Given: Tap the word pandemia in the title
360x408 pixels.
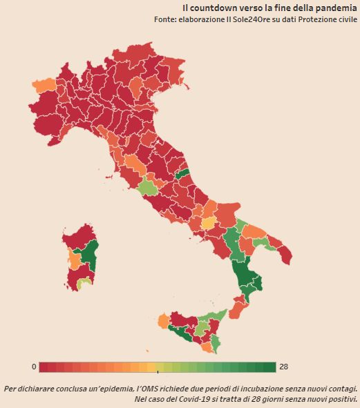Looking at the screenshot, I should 337,7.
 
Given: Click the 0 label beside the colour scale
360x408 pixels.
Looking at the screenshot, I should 34,366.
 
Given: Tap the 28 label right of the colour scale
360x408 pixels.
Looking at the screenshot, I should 283,366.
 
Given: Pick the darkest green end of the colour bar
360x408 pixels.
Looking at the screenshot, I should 271,367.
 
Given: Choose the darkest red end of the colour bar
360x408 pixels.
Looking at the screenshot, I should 44,367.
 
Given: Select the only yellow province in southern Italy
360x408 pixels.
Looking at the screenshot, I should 207,224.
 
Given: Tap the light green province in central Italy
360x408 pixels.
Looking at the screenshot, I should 147,187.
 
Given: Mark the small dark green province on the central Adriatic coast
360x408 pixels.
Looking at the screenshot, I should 182,173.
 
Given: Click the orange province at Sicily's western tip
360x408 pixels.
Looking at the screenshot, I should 163,321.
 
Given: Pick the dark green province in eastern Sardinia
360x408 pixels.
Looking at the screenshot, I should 91,255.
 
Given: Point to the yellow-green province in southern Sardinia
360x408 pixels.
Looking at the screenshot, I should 84,282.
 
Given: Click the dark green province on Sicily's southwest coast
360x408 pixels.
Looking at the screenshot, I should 182,334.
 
